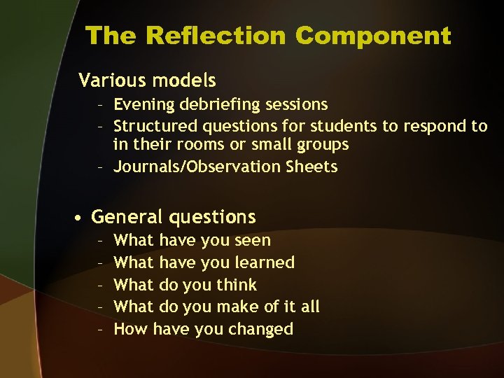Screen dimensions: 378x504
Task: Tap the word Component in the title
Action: click(373, 36)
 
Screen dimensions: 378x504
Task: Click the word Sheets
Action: click(311, 167)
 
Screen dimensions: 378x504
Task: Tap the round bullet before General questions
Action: click(82, 218)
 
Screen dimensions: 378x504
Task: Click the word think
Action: click(237, 285)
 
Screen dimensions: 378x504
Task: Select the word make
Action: click(236, 307)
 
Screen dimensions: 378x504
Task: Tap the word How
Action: click(130, 329)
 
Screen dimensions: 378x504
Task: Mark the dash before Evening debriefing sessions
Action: click(101, 105)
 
